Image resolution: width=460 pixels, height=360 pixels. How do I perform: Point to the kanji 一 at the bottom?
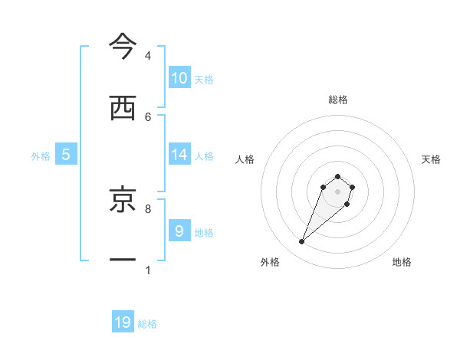tap(123, 260)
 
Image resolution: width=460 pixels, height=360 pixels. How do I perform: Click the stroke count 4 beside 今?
tap(148, 56)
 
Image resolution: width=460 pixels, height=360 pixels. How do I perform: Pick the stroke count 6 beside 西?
tap(148, 116)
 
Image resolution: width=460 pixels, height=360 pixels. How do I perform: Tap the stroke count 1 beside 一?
tap(148, 270)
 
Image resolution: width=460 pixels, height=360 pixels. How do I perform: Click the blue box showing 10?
tap(179, 78)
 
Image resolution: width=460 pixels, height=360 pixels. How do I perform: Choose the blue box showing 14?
tap(179, 155)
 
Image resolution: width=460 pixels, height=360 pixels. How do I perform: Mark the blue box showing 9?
tap(179, 231)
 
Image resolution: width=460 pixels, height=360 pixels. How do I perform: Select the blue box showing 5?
tap(66, 155)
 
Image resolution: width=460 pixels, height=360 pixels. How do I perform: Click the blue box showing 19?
tap(123, 322)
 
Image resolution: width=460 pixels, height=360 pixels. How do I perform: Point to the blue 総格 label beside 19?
tap(147, 324)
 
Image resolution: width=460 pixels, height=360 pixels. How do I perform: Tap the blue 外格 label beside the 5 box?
tap(41, 156)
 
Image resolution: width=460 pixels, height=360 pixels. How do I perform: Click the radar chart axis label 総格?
tap(338, 100)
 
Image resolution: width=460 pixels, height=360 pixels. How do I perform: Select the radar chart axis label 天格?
tap(431, 159)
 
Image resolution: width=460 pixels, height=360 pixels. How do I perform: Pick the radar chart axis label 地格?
tap(402, 262)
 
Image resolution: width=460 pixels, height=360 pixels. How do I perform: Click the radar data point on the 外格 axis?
tap(302, 242)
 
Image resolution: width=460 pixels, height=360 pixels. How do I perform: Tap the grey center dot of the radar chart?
tap(338, 191)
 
